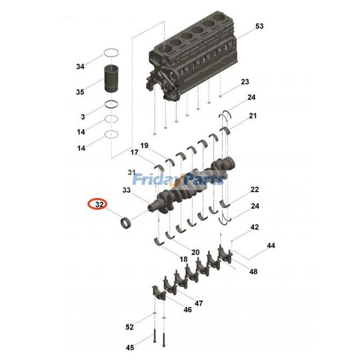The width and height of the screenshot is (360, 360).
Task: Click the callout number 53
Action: pyautogui.click(x=259, y=27)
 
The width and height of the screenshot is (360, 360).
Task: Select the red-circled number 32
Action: pyautogui.click(x=97, y=205)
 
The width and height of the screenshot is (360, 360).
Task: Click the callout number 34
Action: pyautogui.click(x=80, y=67)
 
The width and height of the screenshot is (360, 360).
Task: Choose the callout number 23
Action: pyautogui.click(x=245, y=82)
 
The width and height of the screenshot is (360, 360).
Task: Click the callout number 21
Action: pyautogui.click(x=252, y=116)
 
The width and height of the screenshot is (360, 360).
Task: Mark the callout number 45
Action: pyautogui.click(x=130, y=347)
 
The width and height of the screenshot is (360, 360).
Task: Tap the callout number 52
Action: pyautogui.click(x=130, y=326)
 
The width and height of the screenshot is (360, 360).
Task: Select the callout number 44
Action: pyautogui.click(x=270, y=246)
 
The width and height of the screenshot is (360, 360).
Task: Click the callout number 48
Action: pyautogui.click(x=253, y=272)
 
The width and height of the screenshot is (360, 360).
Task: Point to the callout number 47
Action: pyautogui.click(x=198, y=303)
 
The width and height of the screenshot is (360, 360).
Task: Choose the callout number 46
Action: pyautogui.click(x=187, y=310)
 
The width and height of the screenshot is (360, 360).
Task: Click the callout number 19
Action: pyautogui.click(x=144, y=145)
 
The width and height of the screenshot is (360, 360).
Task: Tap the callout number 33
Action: pyautogui.click(x=126, y=190)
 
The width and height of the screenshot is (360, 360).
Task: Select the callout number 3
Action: pyautogui.click(x=83, y=117)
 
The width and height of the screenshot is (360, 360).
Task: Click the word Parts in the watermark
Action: pyautogui.click(x=202, y=180)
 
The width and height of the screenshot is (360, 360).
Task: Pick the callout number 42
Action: pyautogui.click(x=255, y=228)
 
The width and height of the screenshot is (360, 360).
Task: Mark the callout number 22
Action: pyautogui.click(x=255, y=189)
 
